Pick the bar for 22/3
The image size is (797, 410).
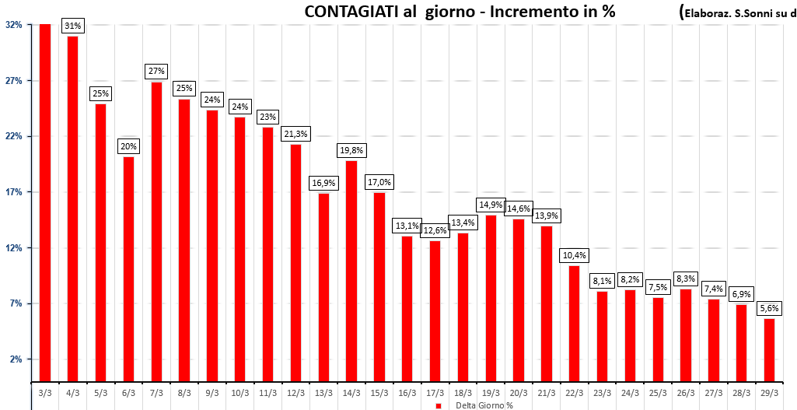(x=574, y=324)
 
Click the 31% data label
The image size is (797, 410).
(x=73, y=26)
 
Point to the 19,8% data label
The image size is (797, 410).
(x=351, y=150)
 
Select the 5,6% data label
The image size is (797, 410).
(x=769, y=308)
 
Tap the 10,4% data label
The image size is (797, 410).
(x=574, y=255)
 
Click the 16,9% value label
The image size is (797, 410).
(x=323, y=183)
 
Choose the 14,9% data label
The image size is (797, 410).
(x=490, y=205)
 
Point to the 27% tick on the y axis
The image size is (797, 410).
(x=13, y=81)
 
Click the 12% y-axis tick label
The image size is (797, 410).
(x=13, y=248)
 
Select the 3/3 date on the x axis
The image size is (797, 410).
(x=45, y=393)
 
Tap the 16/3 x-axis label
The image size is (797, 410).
(x=407, y=393)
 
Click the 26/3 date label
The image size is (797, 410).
(x=685, y=393)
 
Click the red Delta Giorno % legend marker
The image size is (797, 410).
(x=438, y=405)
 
